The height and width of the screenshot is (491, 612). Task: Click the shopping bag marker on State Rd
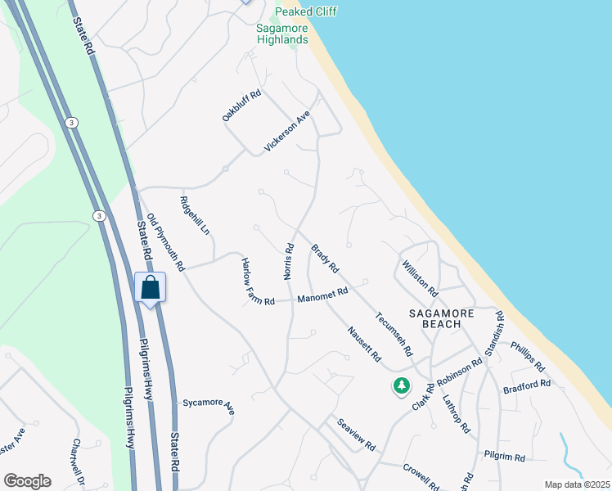[x=151, y=288]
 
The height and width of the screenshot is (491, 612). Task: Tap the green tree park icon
[x=401, y=385]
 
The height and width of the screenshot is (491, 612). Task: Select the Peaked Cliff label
[x=306, y=11]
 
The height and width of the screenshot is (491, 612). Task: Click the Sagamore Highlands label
[x=282, y=34]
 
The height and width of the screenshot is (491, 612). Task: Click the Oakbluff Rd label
[x=241, y=106]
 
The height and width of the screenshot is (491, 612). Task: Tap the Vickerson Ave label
[x=287, y=132]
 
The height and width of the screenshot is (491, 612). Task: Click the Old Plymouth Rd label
[x=165, y=232]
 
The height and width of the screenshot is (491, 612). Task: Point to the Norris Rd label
[x=289, y=261]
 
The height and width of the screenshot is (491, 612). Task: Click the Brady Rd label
[x=325, y=259]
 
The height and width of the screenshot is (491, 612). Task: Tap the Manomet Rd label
[x=322, y=295]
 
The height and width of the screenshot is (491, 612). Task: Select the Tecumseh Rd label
[x=394, y=334]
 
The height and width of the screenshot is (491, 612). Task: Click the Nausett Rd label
[x=364, y=345]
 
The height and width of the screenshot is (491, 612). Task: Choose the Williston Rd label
[x=420, y=278]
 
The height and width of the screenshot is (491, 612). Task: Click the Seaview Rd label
[x=356, y=435]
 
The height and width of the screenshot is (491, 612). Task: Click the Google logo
[x=27, y=481]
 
